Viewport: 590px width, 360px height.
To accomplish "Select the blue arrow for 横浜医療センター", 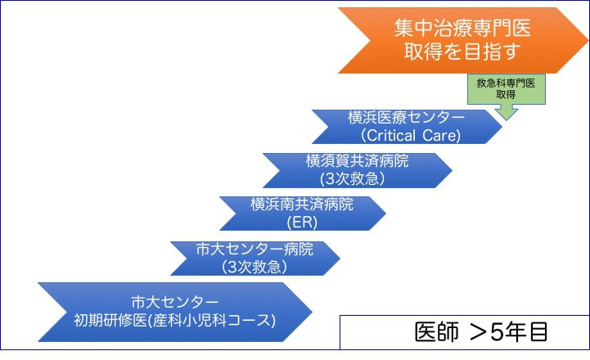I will (406, 125).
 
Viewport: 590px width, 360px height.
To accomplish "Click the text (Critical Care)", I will (405, 135).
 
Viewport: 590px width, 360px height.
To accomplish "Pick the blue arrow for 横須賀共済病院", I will (357, 169).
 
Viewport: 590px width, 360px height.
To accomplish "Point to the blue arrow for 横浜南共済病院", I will (302, 212).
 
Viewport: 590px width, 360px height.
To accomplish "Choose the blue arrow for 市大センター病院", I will (254, 258).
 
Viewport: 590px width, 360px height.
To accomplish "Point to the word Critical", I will (394, 135).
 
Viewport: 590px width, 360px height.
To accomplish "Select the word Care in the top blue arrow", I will (443, 135).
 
